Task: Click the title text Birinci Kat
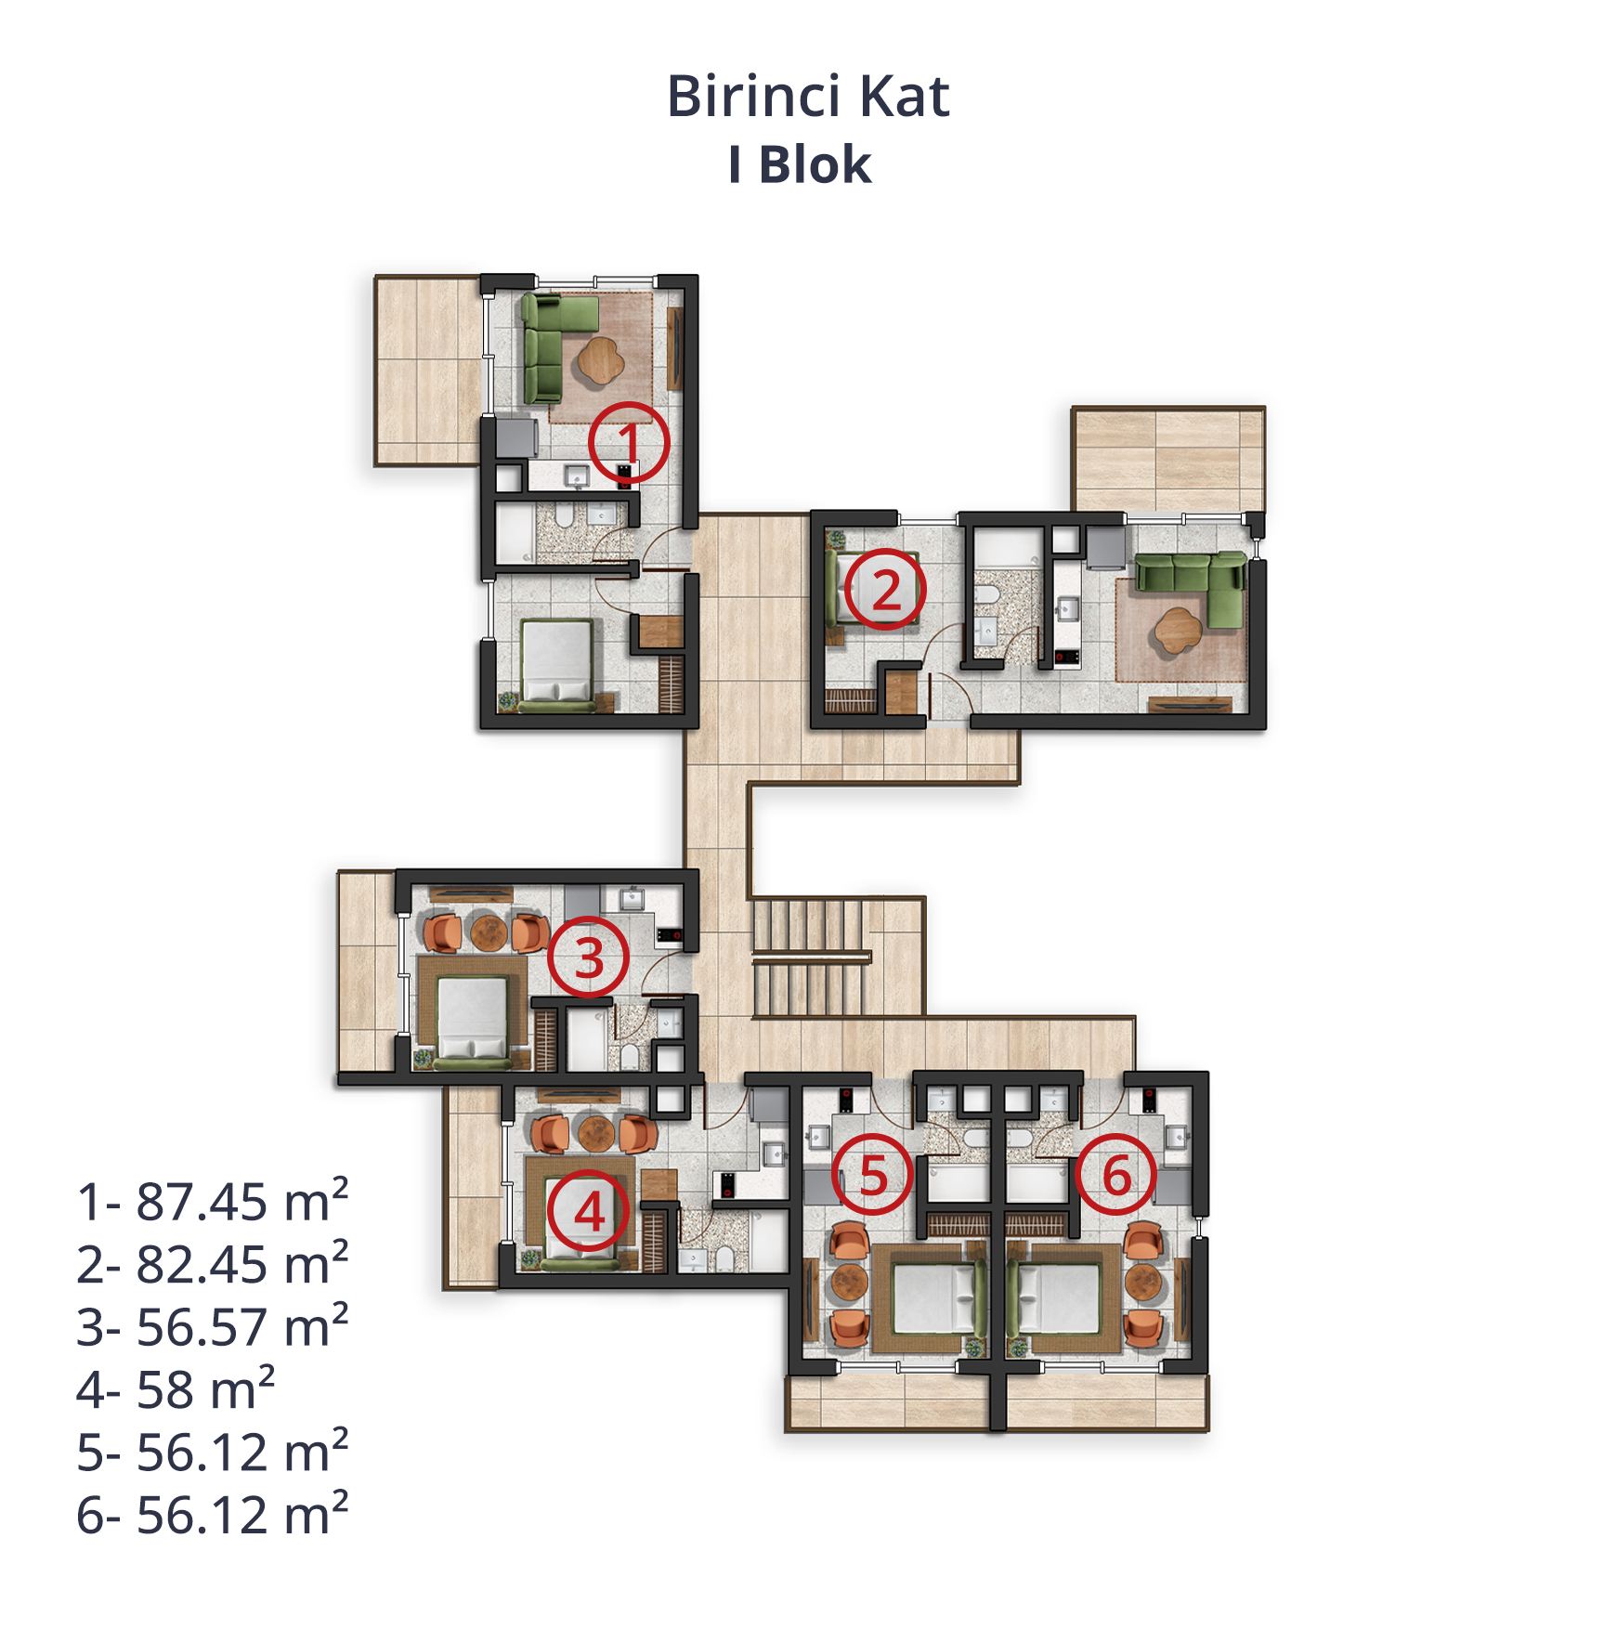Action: [808, 97]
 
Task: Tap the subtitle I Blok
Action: [800, 165]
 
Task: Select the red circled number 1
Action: [630, 442]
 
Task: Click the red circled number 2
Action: [885, 590]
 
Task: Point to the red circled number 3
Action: [588, 958]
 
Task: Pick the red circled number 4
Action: [588, 1211]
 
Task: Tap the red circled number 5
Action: [872, 1175]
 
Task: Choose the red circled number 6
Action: [1117, 1175]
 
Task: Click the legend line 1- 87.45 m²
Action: [213, 1201]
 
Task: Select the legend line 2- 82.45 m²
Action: [213, 1264]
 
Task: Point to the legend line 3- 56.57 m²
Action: [213, 1326]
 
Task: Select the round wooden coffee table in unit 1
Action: [601, 359]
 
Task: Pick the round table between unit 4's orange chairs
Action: [596, 1133]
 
